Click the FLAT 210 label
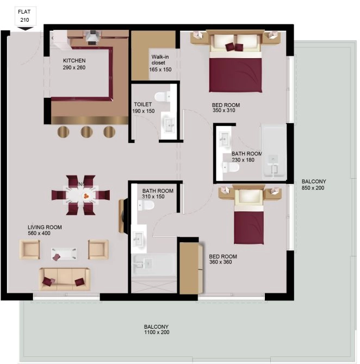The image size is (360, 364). (24, 15)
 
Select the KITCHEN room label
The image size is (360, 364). (74, 60)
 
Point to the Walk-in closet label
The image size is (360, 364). (160, 62)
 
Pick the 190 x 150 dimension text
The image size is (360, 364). (144, 111)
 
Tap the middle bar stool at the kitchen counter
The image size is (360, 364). (86, 131)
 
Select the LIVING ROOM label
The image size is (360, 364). (45, 228)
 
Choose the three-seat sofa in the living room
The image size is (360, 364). (64, 279)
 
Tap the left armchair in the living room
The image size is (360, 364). (30, 250)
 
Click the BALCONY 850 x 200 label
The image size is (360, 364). (314, 185)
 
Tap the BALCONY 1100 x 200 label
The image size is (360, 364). (157, 329)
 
